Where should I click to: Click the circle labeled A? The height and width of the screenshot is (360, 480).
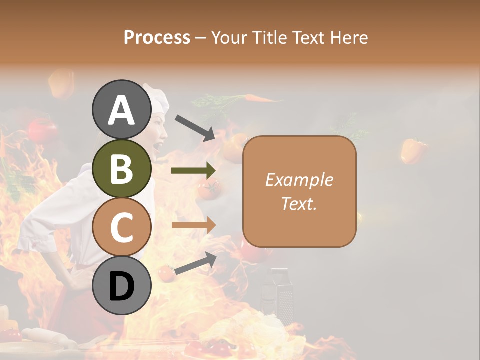pyautogui.click(x=122, y=109)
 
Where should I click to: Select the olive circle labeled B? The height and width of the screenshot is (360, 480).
pyautogui.click(x=122, y=168)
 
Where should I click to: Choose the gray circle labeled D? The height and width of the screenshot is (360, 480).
pyautogui.click(x=122, y=285)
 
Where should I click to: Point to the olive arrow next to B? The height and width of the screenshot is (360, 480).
pyautogui.click(x=194, y=171)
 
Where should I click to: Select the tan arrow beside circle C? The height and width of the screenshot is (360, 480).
pyautogui.click(x=194, y=225)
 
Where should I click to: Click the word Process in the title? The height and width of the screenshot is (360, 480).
pyautogui.click(x=157, y=37)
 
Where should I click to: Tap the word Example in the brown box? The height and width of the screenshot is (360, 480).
pyautogui.click(x=299, y=180)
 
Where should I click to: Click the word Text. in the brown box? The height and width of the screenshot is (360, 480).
pyautogui.click(x=299, y=203)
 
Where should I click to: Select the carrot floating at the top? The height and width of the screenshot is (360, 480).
pyautogui.click(x=260, y=99)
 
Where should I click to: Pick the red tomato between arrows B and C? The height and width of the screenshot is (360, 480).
pyautogui.click(x=209, y=188)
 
